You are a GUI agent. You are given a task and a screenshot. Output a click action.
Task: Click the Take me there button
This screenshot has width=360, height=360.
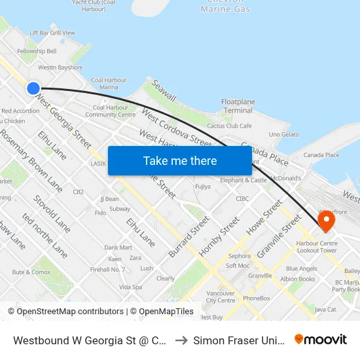(180, 160)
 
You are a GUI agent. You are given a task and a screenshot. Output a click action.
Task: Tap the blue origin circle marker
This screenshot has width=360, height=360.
(33, 88)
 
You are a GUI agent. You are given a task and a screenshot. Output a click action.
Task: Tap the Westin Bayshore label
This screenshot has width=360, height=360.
(60, 67)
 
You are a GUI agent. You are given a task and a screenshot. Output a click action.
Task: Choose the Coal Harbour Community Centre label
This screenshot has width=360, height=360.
(110, 111)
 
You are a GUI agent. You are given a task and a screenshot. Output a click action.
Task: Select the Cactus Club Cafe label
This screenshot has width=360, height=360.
(229, 126)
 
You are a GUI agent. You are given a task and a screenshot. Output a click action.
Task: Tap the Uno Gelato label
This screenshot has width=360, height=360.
(283, 134)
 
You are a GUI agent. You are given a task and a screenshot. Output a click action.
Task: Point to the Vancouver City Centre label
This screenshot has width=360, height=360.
(220, 297)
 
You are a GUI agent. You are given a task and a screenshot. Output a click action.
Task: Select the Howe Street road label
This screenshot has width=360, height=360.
(264, 222)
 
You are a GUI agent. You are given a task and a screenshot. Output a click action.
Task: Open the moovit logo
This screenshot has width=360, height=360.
(321, 339)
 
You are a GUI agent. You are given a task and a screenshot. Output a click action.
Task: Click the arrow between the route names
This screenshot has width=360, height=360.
(181, 340)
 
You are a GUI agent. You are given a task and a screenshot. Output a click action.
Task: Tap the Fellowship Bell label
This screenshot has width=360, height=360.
(37, 51)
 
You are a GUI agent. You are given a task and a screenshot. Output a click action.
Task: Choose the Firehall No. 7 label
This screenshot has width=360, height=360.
(108, 269)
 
